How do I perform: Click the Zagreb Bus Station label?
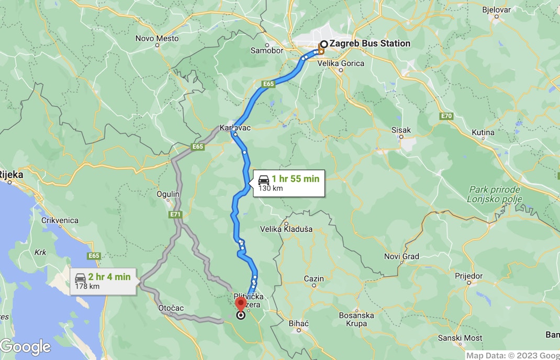369,44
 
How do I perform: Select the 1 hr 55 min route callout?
288,183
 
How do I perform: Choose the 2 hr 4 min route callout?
104,281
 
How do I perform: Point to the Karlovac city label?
232,128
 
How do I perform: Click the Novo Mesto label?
157,38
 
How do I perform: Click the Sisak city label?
401,130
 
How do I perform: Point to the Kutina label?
483,132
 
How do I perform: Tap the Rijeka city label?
12,175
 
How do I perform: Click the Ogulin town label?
168,194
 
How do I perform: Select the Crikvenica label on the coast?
60,221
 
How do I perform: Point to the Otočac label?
171,308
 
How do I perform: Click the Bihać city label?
299,323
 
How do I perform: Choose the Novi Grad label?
401,256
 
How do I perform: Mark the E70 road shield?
446,116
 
